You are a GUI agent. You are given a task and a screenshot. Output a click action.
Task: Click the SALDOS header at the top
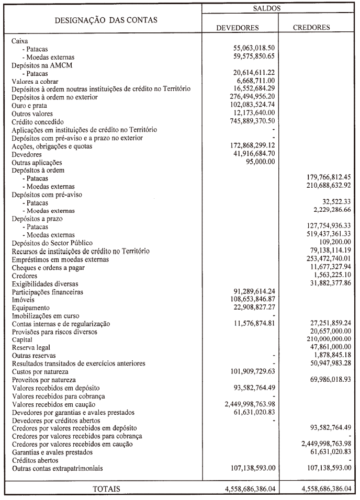(278, 9)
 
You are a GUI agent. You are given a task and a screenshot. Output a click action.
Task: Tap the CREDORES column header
(314, 28)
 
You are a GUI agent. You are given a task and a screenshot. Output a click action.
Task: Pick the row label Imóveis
(24, 300)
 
